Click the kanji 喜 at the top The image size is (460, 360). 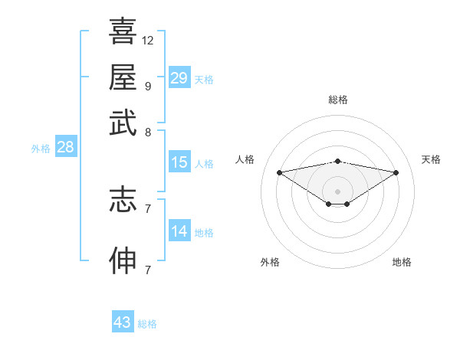[x=123, y=31]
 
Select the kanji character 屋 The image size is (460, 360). [x=123, y=77]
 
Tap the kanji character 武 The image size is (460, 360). [x=123, y=123]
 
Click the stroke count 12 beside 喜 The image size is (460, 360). [x=148, y=40]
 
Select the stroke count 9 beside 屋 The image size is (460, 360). [x=147, y=86]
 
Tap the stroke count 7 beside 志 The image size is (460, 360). [x=147, y=208]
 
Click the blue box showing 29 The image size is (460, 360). [x=179, y=78]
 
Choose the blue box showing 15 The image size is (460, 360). [x=179, y=162]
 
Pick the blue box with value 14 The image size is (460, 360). [x=179, y=231]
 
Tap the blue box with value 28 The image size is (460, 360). [x=65, y=148]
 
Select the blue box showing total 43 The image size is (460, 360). [x=122, y=322]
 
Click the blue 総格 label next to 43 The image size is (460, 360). [x=147, y=324]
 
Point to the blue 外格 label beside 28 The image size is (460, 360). [x=41, y=149]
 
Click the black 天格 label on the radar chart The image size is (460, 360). [x=431, y=159]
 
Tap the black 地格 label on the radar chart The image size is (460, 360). [x=402, y=262]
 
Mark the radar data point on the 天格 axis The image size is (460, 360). [x=396, y=172]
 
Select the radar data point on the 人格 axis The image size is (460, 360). [x=279, y=172]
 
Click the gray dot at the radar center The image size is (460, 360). [x=338, y=191]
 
